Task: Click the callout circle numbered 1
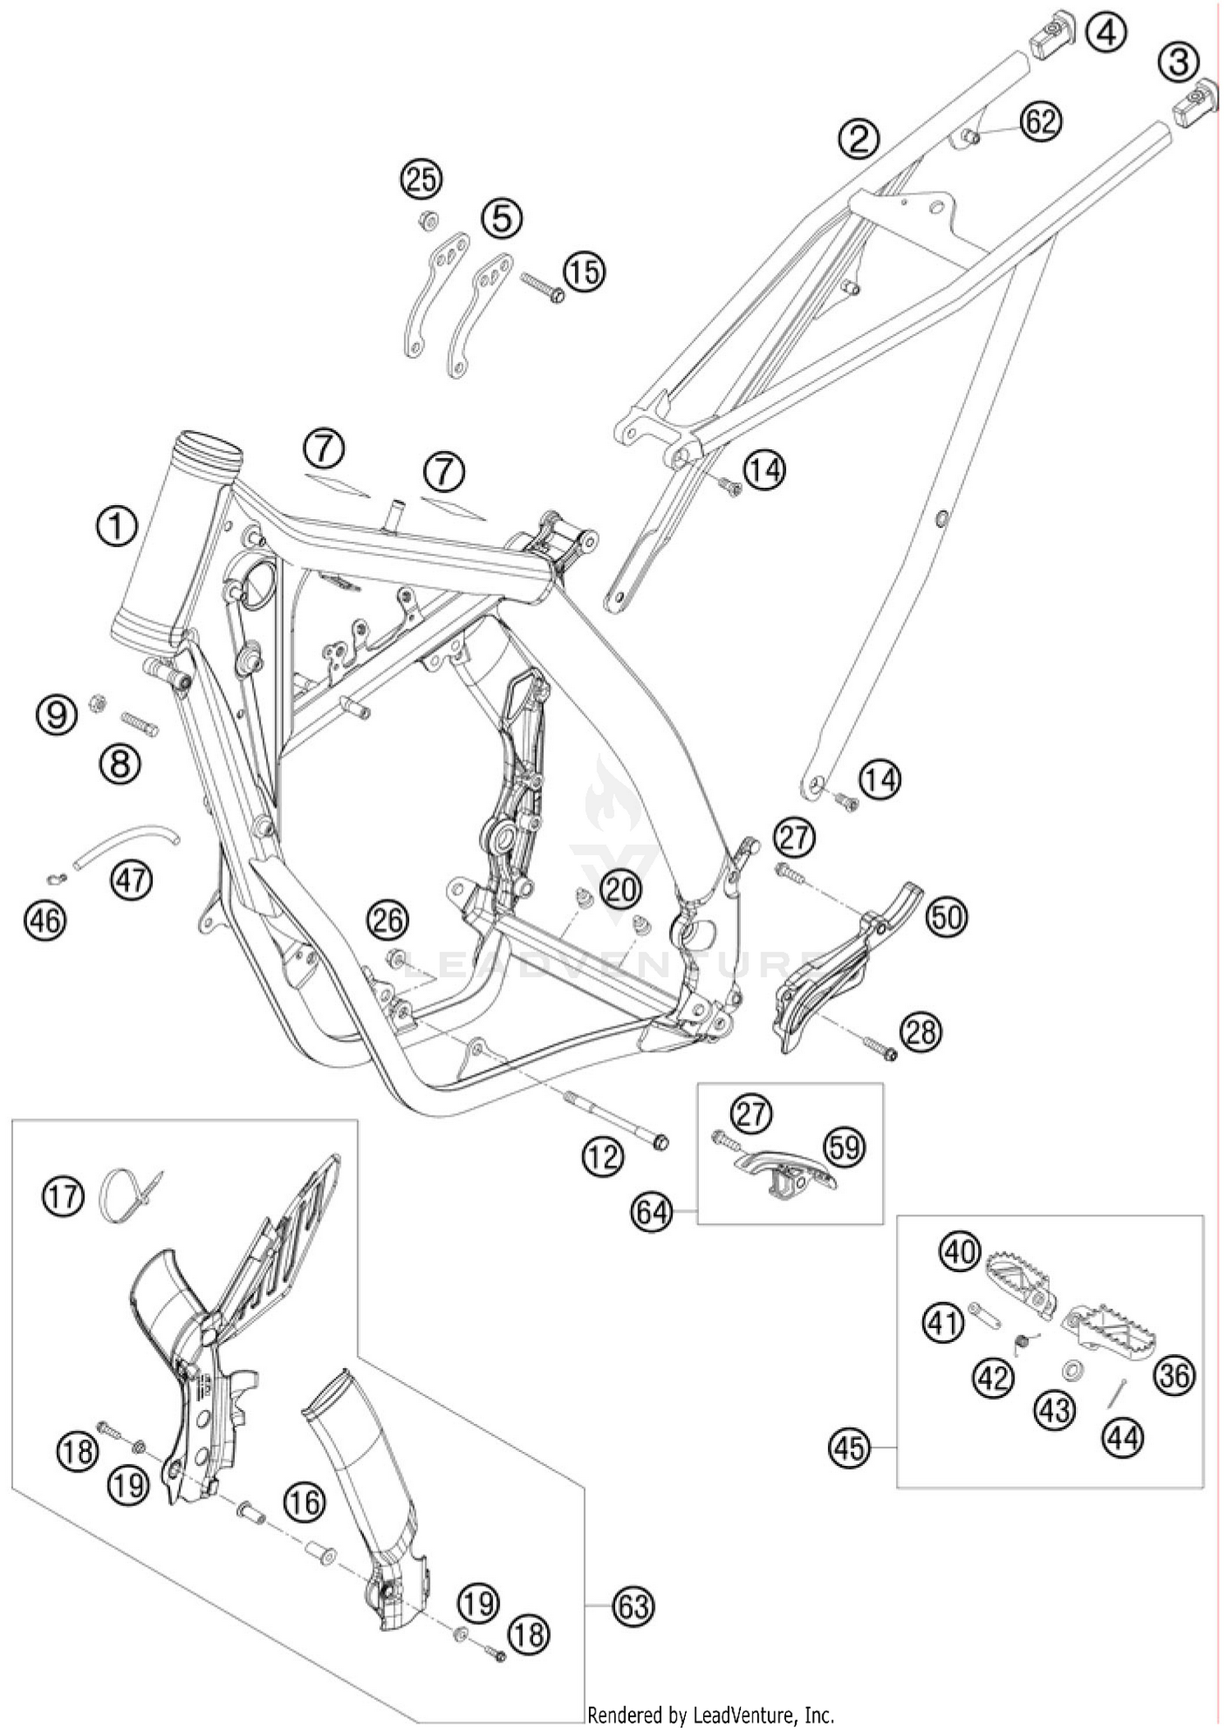[117, 526]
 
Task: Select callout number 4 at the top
[1106, 34]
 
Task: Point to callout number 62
[1041, 122]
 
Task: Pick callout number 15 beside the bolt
[584, 271]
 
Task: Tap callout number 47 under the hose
[132, 880]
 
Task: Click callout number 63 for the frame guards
[634, 1606]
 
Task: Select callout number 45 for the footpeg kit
[849, 1447]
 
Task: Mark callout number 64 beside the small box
[652, 1212]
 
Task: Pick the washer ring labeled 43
[1072, 1369]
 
